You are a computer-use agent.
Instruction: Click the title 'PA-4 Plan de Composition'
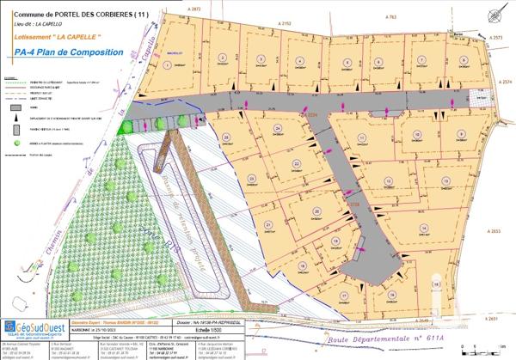(x=69, y=52)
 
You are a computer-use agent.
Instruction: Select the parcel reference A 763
(x=391, y=16)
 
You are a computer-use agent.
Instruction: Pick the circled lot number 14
(x=422, y=227)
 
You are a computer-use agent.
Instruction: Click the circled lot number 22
(x=297, y=162)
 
